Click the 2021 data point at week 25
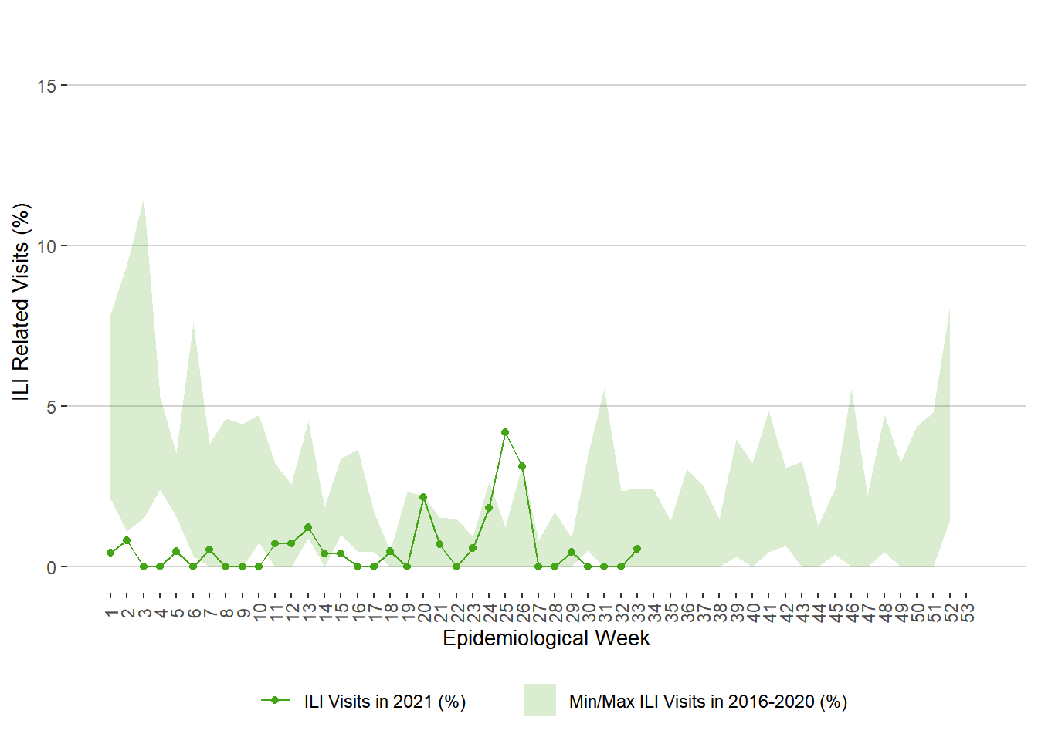[505, 432]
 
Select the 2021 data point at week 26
[522, 466]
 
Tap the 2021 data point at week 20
[423, 497]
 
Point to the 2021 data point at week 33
[637, 549]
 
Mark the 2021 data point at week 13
[308, 527]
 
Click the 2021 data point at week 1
[110, 553]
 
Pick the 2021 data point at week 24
[489, 508]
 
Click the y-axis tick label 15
[46, 86]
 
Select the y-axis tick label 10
[46, 246]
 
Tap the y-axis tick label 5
[51, 407]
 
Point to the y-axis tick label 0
[51, 567]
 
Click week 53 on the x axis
[967, 613]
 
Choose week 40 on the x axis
[753, 613]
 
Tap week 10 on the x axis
[259, 613]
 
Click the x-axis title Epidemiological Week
[546, 638]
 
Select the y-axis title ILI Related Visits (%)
[21, 302]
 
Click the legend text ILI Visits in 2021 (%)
[385, 702]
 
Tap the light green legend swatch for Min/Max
[539, 700]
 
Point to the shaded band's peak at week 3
[144, 198]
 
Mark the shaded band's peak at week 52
[949, 310]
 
